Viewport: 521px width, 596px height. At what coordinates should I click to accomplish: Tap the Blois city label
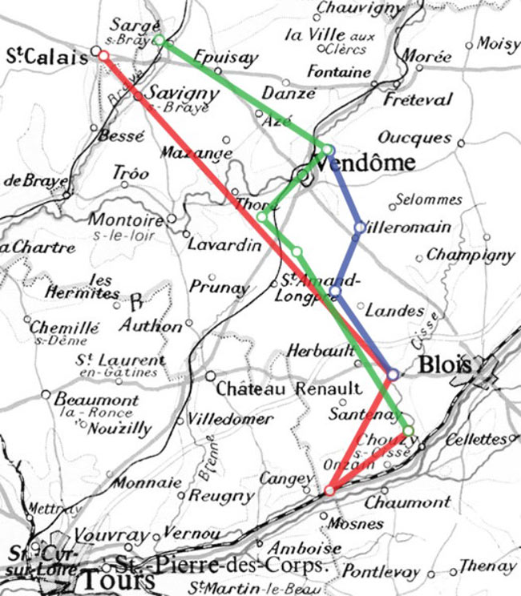coord(442,365)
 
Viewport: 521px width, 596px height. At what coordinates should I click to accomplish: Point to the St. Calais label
coord(46,56)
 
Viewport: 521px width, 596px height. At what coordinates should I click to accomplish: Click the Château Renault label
coord(289,389)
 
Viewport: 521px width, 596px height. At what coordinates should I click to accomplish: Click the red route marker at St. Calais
coord(103,56)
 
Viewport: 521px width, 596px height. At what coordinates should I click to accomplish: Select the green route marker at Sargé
coord(159,40)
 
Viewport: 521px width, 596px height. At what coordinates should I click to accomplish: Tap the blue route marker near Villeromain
coord(359,228)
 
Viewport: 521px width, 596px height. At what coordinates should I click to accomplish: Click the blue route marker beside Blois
coord(393,374)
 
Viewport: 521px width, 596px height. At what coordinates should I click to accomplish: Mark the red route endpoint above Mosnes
coord(329,490)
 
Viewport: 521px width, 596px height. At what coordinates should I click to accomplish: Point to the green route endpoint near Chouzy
coord(408,431)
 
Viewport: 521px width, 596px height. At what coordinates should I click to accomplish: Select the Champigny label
coord(470,256)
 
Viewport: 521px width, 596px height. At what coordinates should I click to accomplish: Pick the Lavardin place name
coord(224,245)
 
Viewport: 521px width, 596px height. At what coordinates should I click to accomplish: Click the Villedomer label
coord(218,419)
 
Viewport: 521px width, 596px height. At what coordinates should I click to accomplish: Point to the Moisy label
coord(498,44)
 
